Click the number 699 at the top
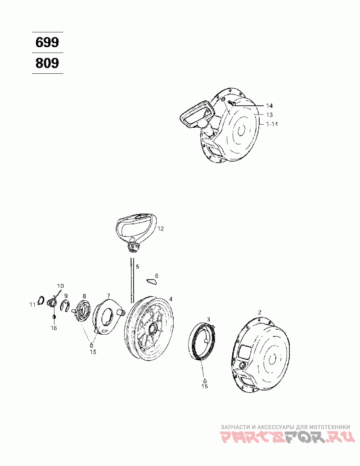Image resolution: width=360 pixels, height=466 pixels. [x=47, y=43]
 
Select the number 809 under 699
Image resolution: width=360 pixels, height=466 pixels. [x=47, y=63]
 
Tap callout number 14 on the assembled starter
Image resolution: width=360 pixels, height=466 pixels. [x=269, y=106]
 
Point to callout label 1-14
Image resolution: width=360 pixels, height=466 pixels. [x=272, y=124]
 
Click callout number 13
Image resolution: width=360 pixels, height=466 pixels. [x=269, y=115]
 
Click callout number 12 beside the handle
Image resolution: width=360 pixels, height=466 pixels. [x=160, y=229]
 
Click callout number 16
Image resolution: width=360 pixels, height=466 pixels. [x=54, y=328]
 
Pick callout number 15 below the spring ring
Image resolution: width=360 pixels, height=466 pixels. [x=204, y=386]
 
